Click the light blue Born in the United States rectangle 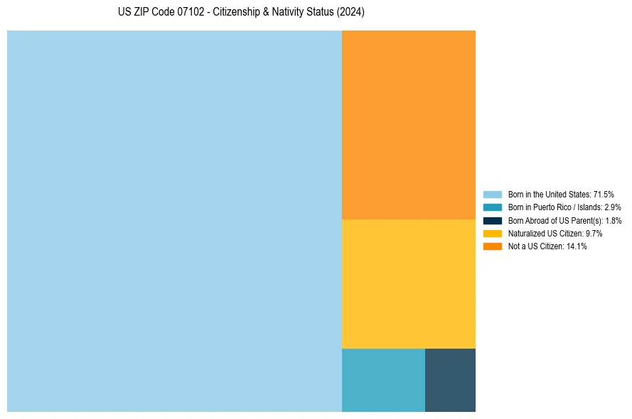coord(174,221)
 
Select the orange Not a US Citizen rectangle coord(409,125)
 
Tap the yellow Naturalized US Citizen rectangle coord(409,284)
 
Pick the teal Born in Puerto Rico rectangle coord(383,380)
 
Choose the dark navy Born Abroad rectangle coord(450,380)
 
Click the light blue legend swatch coord(493,195)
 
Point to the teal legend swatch coord(493,207)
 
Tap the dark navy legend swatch coord(493,221)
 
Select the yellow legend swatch coord(493,234)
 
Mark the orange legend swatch coord(493,246)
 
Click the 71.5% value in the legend coord(604,195)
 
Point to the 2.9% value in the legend coord(612,207)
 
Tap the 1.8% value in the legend coord(613,221)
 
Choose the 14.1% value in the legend coord(577,246)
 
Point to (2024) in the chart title coord(349,13)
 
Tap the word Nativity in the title coord(274,13)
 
